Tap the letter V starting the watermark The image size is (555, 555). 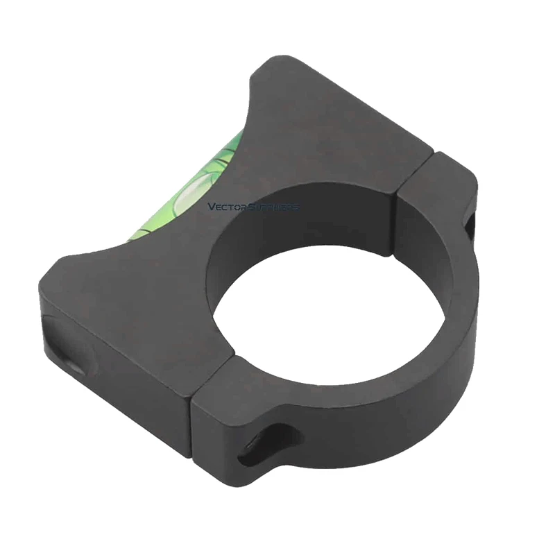tap(211, 207)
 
